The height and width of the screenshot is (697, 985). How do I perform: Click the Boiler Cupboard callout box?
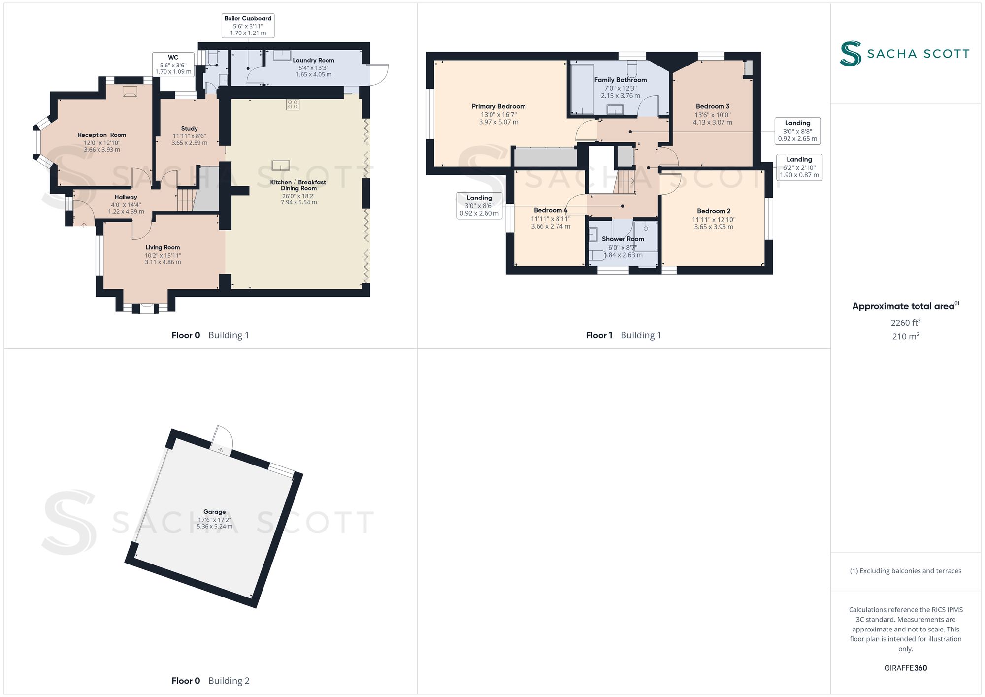[248, 26]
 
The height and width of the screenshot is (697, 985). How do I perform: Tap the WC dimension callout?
[173, 65]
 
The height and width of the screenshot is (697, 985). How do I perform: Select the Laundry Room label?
[313, 61]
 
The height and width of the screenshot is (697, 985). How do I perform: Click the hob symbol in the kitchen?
[293, 104]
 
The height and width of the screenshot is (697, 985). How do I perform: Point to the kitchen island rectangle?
[280, 165]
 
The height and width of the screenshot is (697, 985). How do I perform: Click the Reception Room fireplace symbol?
[130, 91]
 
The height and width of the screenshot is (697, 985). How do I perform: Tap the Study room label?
[189, 128]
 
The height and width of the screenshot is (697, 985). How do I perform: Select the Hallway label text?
[126, 197]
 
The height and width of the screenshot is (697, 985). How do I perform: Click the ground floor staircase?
[186, 199]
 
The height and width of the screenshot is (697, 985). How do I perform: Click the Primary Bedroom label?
[498, 106]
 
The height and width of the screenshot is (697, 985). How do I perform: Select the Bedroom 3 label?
[712, 106]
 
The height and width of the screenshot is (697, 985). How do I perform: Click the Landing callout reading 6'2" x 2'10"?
[799, 167]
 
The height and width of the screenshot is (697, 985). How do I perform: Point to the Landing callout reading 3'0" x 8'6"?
[479, 205]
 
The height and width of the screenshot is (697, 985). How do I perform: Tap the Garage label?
[214, 512]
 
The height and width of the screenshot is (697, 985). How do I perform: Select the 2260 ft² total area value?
[905, 323]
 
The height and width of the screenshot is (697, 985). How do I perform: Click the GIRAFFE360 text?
[905, 668]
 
